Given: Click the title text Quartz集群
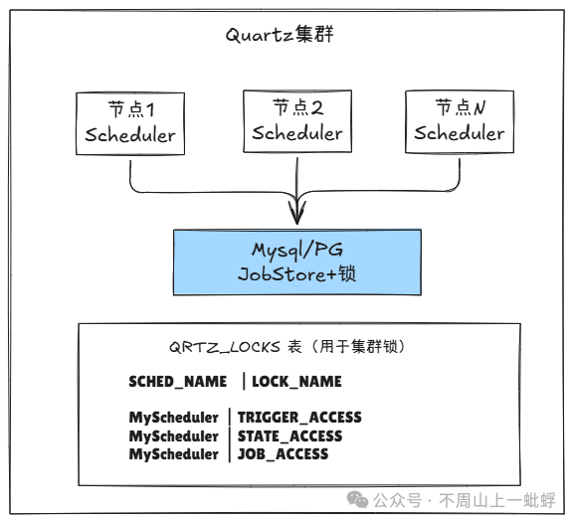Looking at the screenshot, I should (x=279, y=37).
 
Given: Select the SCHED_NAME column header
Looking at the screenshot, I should (x=179, y=381).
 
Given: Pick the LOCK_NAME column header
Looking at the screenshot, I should (x=296, y=381).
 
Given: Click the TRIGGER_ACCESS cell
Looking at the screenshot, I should (x=299, y=418).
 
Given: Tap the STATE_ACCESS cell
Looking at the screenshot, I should (x=289, y=436).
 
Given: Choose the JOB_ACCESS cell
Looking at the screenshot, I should (x=283, y=454).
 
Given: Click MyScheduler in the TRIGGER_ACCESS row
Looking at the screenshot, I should (x=173, y=418).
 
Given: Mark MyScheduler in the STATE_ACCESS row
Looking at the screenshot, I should (x=173, y=436).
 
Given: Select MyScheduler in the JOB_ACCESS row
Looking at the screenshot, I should (x=173, y=454).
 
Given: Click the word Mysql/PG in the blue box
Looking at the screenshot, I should (x=295, y=250).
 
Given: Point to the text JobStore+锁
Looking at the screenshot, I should (x=295, y=274).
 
